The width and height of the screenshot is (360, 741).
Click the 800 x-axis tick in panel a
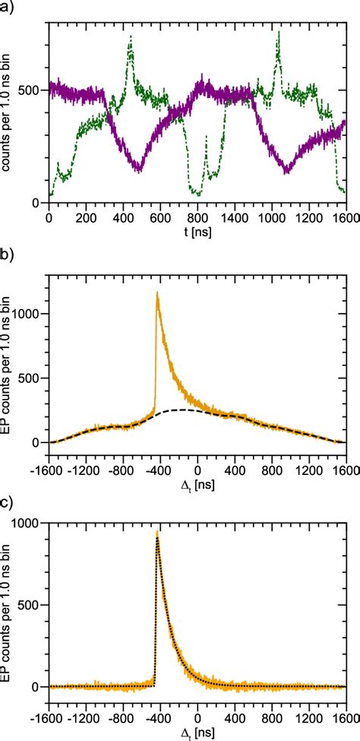[x=197, y=217]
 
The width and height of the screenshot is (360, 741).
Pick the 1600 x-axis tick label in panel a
[x=346, y=217]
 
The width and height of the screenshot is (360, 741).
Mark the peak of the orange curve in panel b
[x=157, y=292]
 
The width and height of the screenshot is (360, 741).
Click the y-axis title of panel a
[x=9, y=113]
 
